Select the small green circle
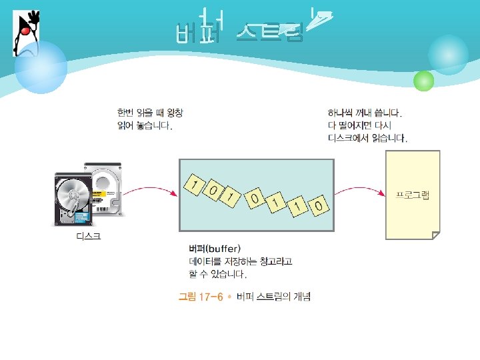click(x=423, y=81)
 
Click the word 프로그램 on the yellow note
click(x=413, y=194)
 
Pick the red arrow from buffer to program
click(x=360, y=192)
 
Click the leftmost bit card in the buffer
click(x=194, y=185)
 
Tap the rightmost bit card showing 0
click(x=319, y=207)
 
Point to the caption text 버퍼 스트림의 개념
click(x=274, y=297)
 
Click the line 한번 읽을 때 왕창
click(x=149, y=113)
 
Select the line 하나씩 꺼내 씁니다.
click(x=365, y=113)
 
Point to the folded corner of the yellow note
click(x=435, y=235)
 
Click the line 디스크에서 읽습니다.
click(x=367, y=139)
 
